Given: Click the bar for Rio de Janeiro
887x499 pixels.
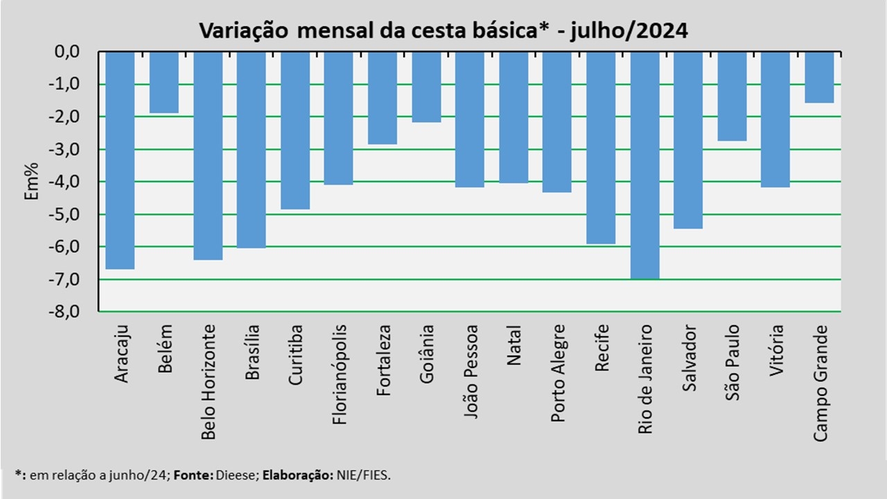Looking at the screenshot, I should [x=644, y=165].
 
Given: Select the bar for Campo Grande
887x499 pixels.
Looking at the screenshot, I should [x=820, y=78].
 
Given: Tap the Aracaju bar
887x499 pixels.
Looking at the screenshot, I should [x=121, y=160].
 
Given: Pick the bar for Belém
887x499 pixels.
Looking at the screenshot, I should [x=164, y=82].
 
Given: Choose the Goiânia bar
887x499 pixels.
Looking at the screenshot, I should [x=426, y=87].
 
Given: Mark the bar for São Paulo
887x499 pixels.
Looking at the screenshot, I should [x=732, y=96].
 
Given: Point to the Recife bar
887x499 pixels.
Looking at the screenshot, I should [x=601, y=148].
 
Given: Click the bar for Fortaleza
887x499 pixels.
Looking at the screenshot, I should [x=383, y=98].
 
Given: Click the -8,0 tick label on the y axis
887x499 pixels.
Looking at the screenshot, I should [x=64, y=312].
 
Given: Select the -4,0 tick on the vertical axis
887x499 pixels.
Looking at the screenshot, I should [x=64, y=182].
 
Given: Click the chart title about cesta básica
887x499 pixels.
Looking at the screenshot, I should [x=443, y=30].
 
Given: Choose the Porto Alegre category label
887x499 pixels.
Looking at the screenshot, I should [x=558, y=372].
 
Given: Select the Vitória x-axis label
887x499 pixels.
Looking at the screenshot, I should [x=776, y=350].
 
